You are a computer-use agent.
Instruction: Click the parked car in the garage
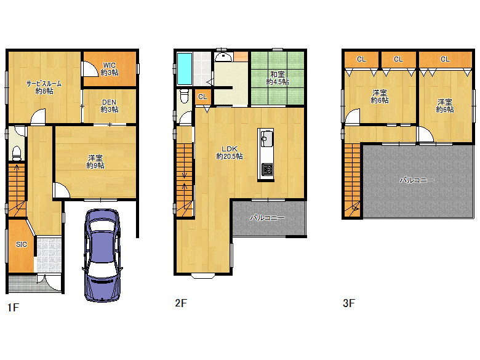pyautogui.click(x=102, y=255)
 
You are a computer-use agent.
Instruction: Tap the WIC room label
pyautogui.click(x=110, y=69)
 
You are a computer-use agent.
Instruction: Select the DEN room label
pyautogui.click(x=110, y=106)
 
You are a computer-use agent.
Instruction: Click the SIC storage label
pyautogui.click(x=22, y=244)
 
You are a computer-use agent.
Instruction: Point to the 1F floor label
pyautogui.click(x=13, y=307)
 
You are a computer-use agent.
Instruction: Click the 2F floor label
pyautogui.click(x=181, y=303)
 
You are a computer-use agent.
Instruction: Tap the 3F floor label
pyautogui.click(x=349, y=303)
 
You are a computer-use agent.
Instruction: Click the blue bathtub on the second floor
pyautogui.click(x=185, y=69)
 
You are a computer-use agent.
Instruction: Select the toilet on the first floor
pyautogui.click(x=17, y=153)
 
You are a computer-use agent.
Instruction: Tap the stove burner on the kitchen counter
pyautogui.click(x=266, y=169)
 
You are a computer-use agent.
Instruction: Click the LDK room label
pyautogui.click(x=230, y=153)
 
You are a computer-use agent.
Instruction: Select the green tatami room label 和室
pyautogui.click(x=278, y=78)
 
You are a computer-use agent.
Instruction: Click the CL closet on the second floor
pyautogui.click(x=202, y=97)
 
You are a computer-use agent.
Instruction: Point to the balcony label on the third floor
pyautogui.click(x=417, y=180)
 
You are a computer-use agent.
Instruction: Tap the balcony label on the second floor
pyautogui.click(x=267, y=218)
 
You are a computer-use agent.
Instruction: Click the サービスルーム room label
pyautogui.click(x=44, y=87)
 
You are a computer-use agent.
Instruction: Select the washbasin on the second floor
pyautogui.click(x=223, y=57)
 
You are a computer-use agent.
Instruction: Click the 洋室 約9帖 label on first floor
pyautogui.click(x=95, y=162)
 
